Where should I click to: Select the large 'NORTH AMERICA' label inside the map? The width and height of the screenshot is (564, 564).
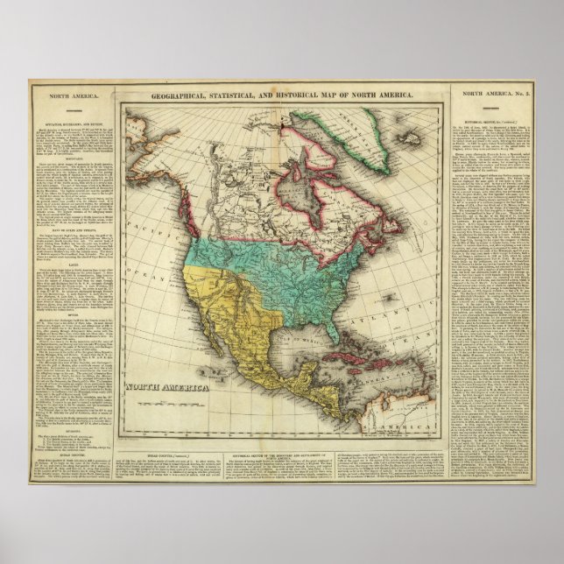pos(167,386)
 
